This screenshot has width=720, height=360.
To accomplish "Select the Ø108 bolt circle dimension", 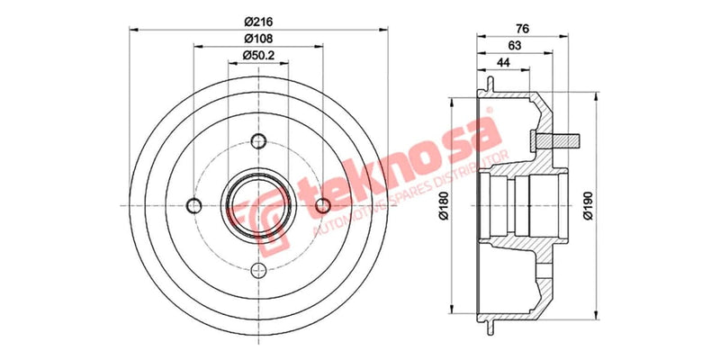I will pyautogui.click(x=258, y=39).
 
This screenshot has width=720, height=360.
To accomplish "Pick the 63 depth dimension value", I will pyautogui.click(x=514, y=46).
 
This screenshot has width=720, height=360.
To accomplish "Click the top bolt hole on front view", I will pyautogui.click(x=259, y=141).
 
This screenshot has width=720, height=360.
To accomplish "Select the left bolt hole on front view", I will pyautogui.click(x=193, y=205).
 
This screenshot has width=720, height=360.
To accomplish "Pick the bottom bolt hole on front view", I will pyautogui.click(x=259, y=271).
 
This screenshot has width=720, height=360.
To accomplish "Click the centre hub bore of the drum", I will pyautogui.click(x=259, y=205).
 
